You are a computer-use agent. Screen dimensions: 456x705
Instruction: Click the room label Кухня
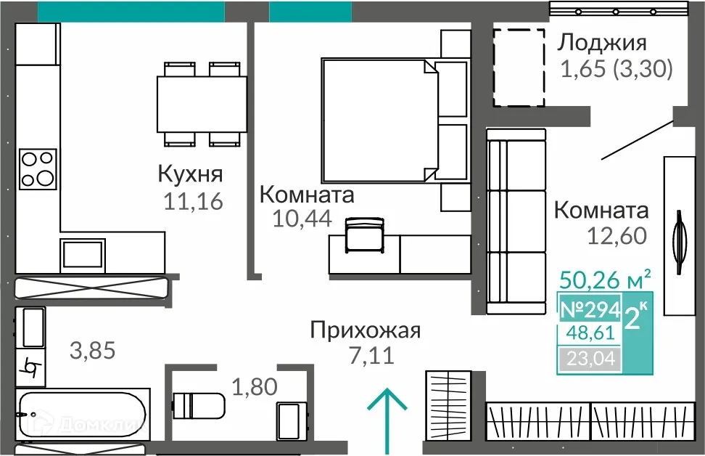[190, 175]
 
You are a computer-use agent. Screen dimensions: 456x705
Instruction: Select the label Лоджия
[601, 44]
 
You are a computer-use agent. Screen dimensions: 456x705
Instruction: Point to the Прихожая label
[365, 331]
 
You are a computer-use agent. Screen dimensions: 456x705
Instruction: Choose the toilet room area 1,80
[254, 386]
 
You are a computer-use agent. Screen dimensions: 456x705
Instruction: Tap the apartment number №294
[590, 310]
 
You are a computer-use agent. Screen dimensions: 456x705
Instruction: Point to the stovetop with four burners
[38, 168]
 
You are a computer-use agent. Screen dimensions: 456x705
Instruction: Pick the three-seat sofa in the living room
[516, 217]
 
